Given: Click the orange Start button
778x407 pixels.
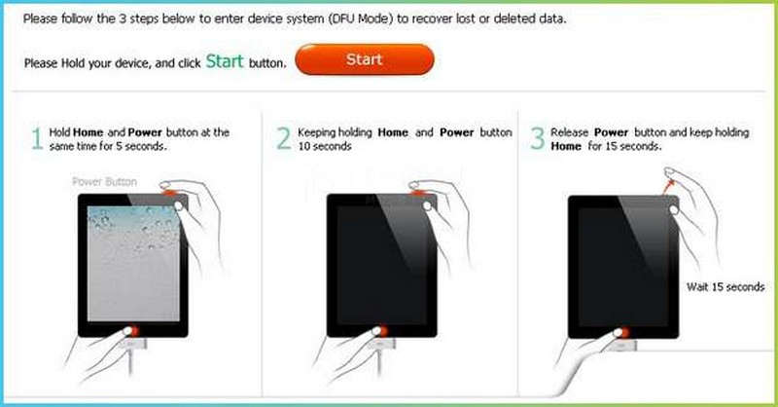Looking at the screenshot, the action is [365, 59].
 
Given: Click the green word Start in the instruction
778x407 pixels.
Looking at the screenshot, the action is [225, 61].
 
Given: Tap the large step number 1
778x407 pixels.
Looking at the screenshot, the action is [37, 138].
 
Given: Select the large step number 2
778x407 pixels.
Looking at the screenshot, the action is [283, 138].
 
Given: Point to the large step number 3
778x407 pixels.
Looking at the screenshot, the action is [538, 138].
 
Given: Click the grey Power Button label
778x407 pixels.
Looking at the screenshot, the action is [105, 181].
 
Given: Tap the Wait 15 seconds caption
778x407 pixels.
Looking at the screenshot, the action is [725, 286].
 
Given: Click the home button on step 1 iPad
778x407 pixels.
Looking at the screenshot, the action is [132, 331].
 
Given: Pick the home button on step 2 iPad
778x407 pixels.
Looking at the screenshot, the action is [380, 331].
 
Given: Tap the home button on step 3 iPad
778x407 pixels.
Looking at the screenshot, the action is [622, 332].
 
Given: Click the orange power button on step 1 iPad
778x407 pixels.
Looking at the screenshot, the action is [169, 191].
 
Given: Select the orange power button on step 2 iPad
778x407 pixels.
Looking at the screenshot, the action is [418, 191].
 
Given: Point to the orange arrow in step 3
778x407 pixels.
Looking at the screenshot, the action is [668, 186].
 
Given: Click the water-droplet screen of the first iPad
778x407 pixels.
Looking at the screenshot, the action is [133, 264].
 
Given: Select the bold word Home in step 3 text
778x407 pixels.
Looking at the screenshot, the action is [566, 146].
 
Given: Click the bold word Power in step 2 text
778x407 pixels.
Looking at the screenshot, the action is [456, 132].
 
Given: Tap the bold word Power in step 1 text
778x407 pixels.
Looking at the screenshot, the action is [145, 132].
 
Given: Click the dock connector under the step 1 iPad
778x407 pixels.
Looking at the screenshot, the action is [132, 345].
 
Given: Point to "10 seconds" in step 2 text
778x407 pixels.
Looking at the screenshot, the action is [325, 146].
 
